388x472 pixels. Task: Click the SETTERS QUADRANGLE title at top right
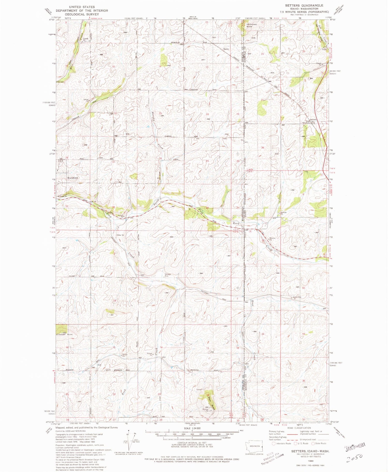(304, 5)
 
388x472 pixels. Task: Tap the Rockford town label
(72, 178)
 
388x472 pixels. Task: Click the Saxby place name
(226, 49)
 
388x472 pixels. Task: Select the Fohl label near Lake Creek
(324, 49)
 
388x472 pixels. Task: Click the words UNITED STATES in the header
(82, 7)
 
